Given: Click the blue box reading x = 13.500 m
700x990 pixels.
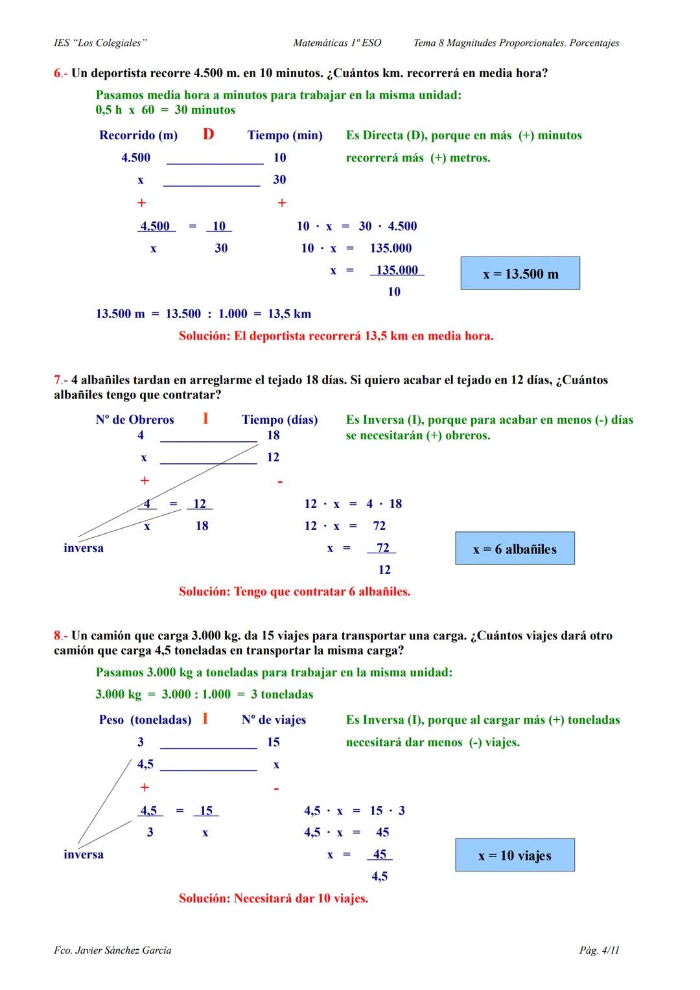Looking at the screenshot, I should [520, 273].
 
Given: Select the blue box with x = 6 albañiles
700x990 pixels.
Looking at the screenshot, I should [515, 549].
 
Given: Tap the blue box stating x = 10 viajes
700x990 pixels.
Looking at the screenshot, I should [515, 855].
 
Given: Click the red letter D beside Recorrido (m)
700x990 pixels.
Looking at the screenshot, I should [208, 134].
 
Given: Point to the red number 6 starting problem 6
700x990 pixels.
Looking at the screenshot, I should [57, 73].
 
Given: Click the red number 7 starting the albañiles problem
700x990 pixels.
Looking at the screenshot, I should [57, 380].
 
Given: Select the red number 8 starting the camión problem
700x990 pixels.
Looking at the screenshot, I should [57, 636].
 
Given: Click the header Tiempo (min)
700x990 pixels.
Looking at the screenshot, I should [285, 135].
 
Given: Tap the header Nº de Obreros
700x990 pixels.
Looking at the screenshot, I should [135, 420].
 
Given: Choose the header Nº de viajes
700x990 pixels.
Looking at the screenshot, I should [274, 720].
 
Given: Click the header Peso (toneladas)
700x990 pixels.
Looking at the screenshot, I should [145, 720].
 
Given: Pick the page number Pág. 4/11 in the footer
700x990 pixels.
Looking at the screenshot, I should [599, 950].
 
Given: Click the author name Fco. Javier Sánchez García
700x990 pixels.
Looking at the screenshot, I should [113, 950].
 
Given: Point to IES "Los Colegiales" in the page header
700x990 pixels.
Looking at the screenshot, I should [100, 43].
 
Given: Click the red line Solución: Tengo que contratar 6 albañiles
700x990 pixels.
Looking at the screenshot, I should [294, 592].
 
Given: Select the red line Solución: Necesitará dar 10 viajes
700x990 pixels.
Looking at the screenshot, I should [273, 899].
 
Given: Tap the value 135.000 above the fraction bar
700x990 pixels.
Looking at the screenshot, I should [397, 270].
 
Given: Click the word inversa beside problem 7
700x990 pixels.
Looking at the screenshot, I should [84, 548].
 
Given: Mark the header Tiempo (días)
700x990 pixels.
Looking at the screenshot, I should [279, 420].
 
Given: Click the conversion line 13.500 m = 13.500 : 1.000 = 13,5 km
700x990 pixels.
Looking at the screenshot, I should [204, 314].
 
